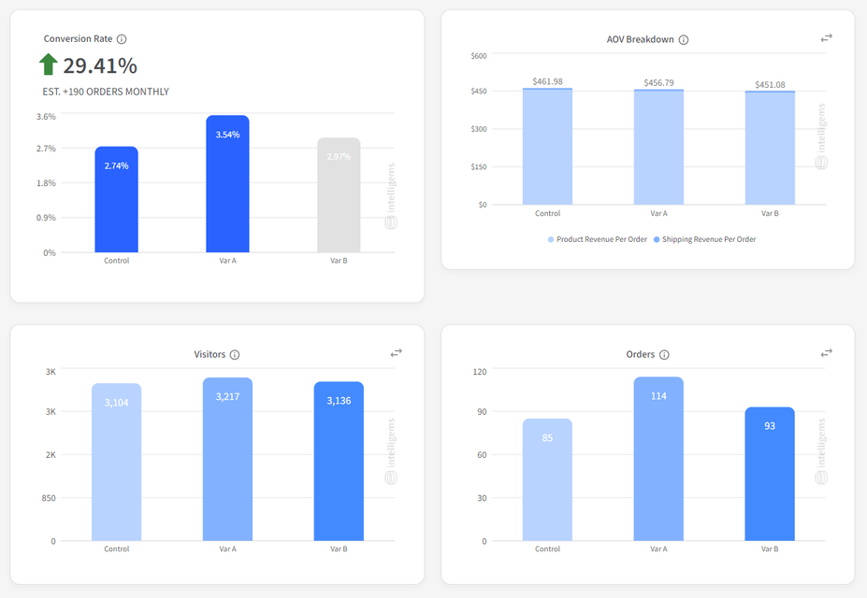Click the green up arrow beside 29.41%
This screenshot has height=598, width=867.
point(48,64)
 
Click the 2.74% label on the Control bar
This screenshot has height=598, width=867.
point(116,165)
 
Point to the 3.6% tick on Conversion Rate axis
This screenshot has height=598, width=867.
point(46,117)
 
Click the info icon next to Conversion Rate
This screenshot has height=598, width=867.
point(122,39)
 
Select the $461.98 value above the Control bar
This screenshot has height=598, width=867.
point(547,81)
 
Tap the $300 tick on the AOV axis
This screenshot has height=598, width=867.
point(478,129)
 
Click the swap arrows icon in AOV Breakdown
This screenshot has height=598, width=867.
point(827,38)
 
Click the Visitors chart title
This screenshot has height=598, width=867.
point(210,354)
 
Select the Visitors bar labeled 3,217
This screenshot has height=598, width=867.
point(227,459)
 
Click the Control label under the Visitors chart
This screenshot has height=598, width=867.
point(116,549)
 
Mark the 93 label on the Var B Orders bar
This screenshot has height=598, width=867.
point(770,426)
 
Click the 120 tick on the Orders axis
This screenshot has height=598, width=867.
point(479,372)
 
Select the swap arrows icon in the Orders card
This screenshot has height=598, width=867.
point(827,353)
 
